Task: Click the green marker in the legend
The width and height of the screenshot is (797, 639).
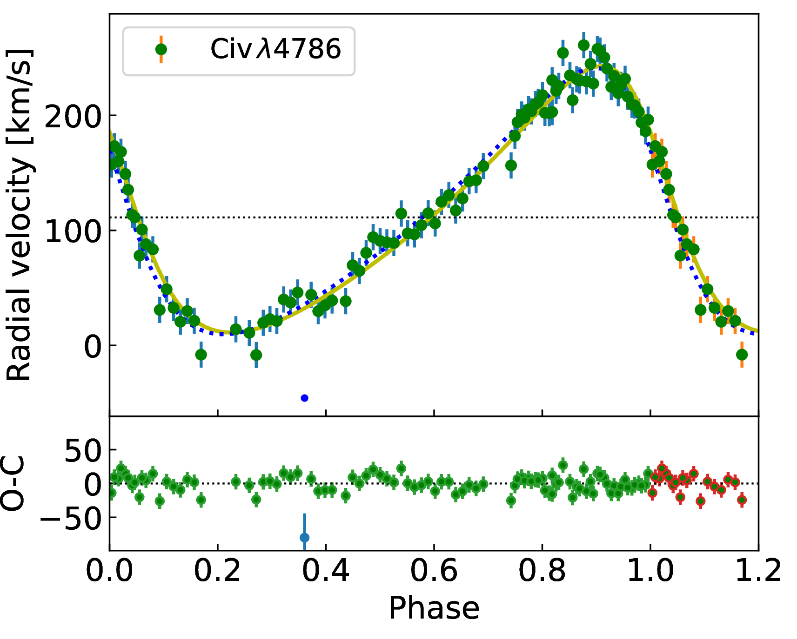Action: (161, 49)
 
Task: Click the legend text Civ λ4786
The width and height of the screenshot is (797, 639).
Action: (276, 49)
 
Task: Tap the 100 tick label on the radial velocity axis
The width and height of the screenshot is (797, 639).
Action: (73, 231)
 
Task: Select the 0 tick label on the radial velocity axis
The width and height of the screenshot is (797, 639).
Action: (93, 346)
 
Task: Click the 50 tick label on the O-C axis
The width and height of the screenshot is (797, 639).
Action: (83, 450)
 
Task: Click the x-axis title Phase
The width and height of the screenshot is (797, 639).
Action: (434, 608)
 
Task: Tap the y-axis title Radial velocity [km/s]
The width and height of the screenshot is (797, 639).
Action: (20, 215)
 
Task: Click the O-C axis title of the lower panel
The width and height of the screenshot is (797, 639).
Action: (13, 484)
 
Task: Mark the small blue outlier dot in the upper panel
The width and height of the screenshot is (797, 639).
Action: (305, 398)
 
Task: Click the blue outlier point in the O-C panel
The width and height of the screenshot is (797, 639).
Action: (305, 538)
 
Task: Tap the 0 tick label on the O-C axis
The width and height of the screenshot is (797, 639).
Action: (93, 484)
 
